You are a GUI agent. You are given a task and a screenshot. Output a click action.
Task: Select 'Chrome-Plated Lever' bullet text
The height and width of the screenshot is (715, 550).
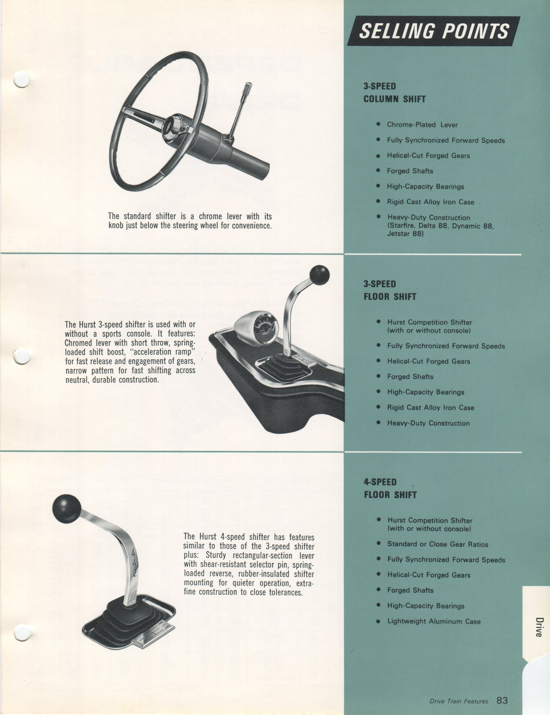click(422, 125)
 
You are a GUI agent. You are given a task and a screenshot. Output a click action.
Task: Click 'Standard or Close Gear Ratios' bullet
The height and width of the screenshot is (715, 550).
click(438, 544)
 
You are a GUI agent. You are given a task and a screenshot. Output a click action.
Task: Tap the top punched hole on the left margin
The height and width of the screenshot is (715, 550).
click(22, 79)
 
